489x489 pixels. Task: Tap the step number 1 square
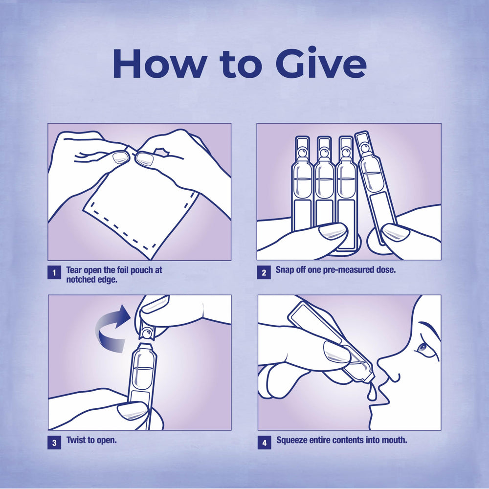pyautogui.click(x=54, y=272)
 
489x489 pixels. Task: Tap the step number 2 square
pyautogui.click(x=264, y=272)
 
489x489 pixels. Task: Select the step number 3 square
pyautogui.click(x=54, y=442)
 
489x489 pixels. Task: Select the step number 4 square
pyautogui.click(x=265, y=442)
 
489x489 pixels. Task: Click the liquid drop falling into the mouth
pyautogui.click(x=372, y=394)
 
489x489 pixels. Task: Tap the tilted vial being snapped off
pyautogui.click(x=376, y=187)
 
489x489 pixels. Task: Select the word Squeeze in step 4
pyautogui.click(x=291, y=441)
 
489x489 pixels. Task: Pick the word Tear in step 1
pyautogui.click(x=74, y=270)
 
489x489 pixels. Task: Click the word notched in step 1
pyautogui.click(x=80, y=279)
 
